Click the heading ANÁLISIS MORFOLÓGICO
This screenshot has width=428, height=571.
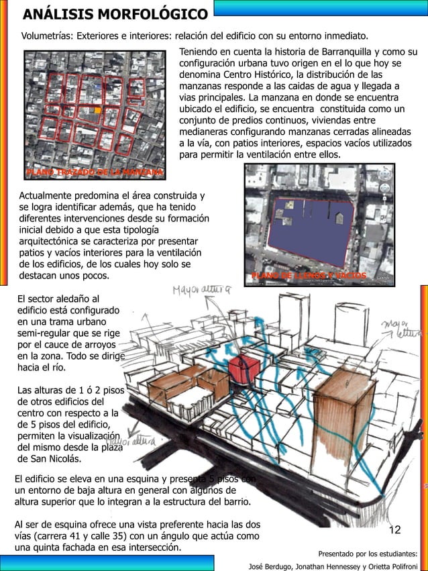115,14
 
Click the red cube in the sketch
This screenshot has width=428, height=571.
244,368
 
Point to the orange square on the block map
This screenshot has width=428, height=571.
99,110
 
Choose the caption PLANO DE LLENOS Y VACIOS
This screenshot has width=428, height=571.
309,276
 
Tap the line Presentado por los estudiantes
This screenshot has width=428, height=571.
367,554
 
